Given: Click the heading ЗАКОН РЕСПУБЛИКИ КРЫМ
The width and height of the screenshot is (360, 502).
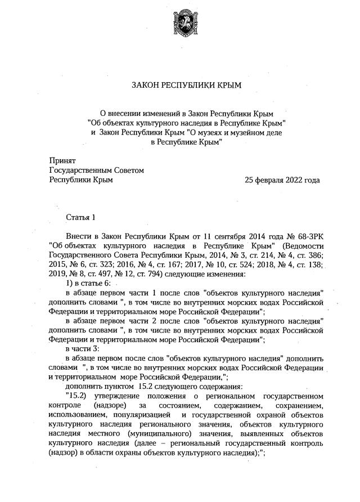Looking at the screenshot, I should tap(186, 86).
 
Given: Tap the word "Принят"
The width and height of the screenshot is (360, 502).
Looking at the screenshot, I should tap(62, 160).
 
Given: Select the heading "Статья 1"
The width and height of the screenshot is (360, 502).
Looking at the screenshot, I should tap(81, 217).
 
